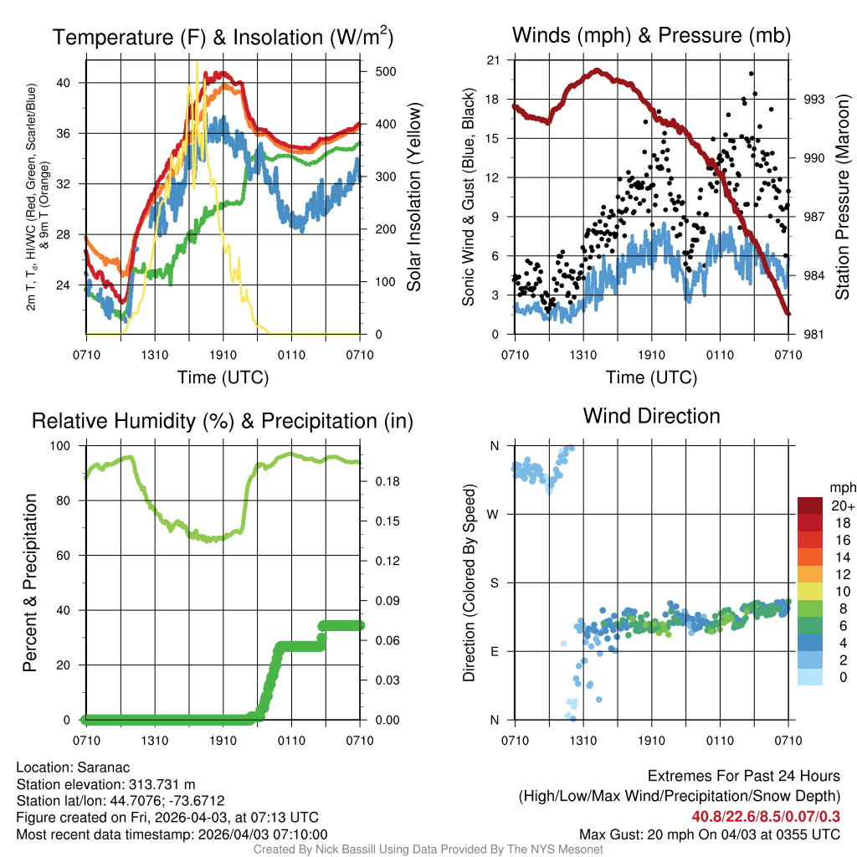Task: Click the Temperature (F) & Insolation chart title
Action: click(223, 37)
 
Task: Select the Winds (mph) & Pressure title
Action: click(651, 35)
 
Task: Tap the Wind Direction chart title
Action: click(651, 415)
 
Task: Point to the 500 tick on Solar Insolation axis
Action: click(386, 72)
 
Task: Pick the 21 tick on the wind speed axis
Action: click(493, 60)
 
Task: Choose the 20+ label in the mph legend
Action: click(841, 506)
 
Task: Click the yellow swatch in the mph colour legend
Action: click(810, 591)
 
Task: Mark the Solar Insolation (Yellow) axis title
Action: click(413, 197)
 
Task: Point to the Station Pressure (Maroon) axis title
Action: click(842, 197)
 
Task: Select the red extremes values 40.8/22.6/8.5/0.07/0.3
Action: click(766, 816)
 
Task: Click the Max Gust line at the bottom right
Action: click(710, 834)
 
